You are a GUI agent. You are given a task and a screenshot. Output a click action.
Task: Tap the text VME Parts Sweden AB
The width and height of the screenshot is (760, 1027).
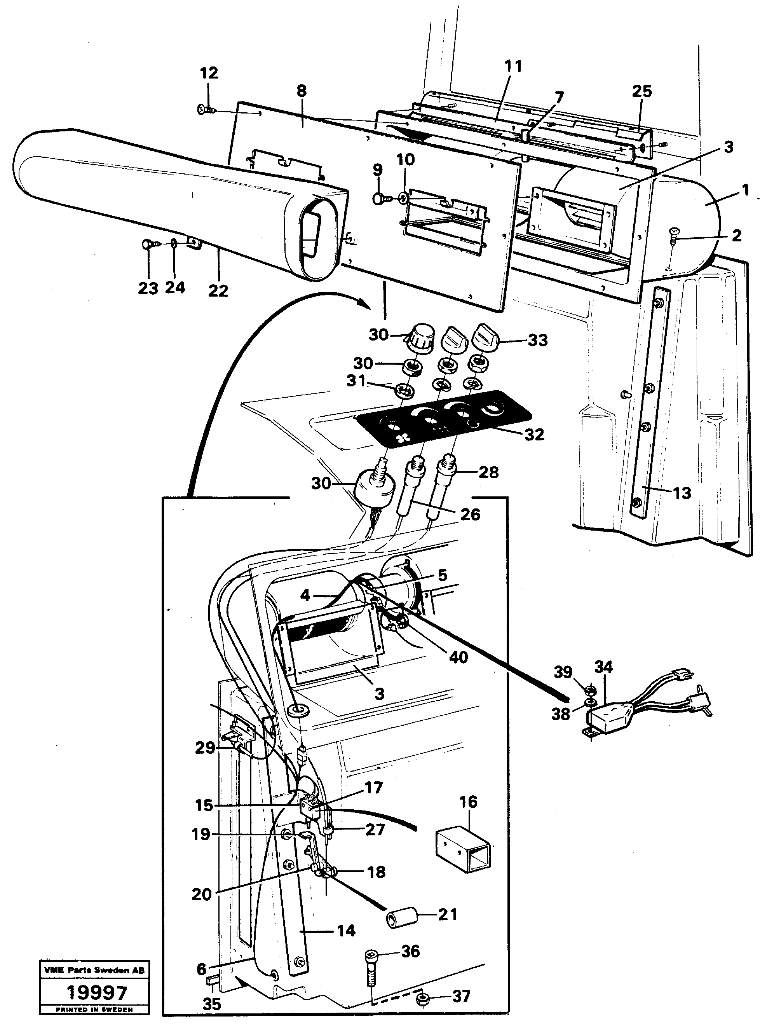click(x=94, y=970)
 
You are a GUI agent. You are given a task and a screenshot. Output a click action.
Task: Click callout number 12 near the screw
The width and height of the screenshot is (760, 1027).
click(x=209, y=73)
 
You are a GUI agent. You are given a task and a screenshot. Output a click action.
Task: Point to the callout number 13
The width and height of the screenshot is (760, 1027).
click(x=682, y=493)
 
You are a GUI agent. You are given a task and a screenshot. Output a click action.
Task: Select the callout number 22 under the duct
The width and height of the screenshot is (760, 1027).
click(x=218, y=290)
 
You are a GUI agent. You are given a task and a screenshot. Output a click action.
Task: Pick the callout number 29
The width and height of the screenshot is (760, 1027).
click(x=205, y=748)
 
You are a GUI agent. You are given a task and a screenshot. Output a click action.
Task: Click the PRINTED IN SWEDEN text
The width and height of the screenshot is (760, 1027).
click(x=94, y=1010)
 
